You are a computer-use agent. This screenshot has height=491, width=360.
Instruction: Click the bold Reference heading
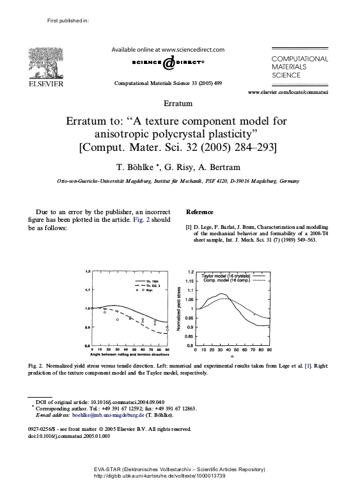tap(200, 212)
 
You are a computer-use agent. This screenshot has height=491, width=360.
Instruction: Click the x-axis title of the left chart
tap(129, 355)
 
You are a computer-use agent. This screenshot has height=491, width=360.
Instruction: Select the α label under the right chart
tap(231, 357)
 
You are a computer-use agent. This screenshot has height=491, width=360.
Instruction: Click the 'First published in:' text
tap(68, 21)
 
